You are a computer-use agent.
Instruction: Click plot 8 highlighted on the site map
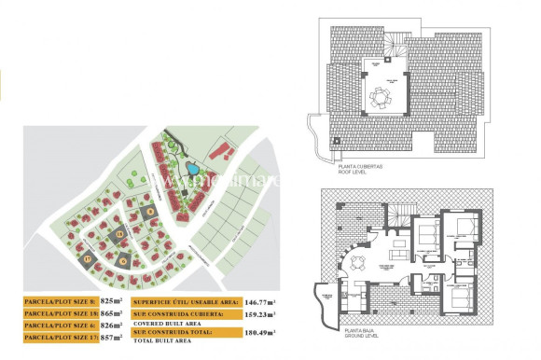coord(150,212)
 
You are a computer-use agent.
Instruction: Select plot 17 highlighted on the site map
coord(89,257)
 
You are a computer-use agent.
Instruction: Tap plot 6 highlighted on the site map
coord(123,260)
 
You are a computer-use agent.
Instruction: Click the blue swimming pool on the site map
coord(192,169)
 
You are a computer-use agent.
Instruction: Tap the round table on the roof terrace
coord(380,96)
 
